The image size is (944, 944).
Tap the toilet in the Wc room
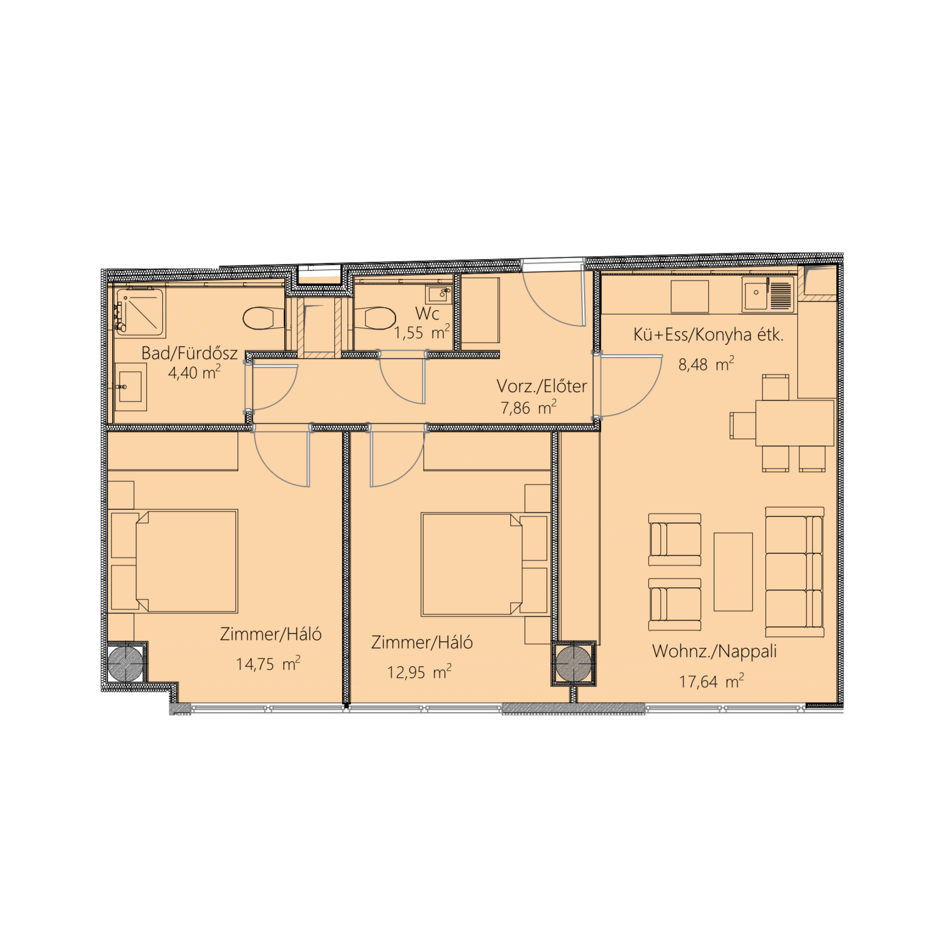click(x=375, y=318)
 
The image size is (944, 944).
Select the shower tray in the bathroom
click(x=140, y=312)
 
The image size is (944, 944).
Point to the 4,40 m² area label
click(x=195, y=372)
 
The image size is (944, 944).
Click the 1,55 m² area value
click(x=422, y=332)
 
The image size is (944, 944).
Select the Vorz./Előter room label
click(x=542, y=386)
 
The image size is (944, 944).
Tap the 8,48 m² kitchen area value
click(x=706, y=364)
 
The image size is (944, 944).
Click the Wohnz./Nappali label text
click(x=714, y=652)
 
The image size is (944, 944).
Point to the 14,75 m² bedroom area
click(x=268, y=664)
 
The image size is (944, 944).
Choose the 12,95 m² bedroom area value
click(x=419, y=672)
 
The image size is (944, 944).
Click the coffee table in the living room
click(x=733, y=572)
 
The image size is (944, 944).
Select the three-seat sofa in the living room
click(x=794, y=572)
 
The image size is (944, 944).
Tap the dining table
click(x=794, y=423)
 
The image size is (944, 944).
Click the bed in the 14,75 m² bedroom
click(x=174, y=561)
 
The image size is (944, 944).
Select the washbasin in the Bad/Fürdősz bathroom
click(x=130, y=387)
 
